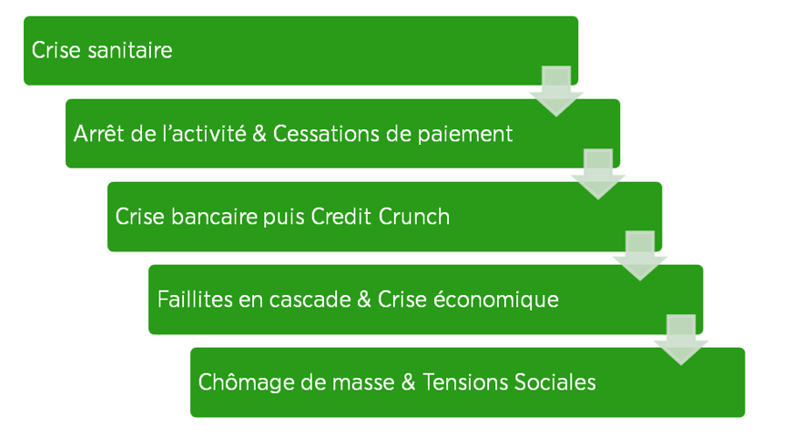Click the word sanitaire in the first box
point(130,50)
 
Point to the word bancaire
point(214,216)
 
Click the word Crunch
point(414,216)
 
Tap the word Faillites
point(194,300)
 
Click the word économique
point(496,300)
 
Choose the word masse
point(363,383)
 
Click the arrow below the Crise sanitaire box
point(556,91)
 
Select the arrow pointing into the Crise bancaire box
point(598,174)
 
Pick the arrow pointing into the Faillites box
point(640,256)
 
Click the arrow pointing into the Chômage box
point(681,340)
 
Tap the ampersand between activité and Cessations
point(259,134)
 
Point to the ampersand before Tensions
point(409,382)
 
